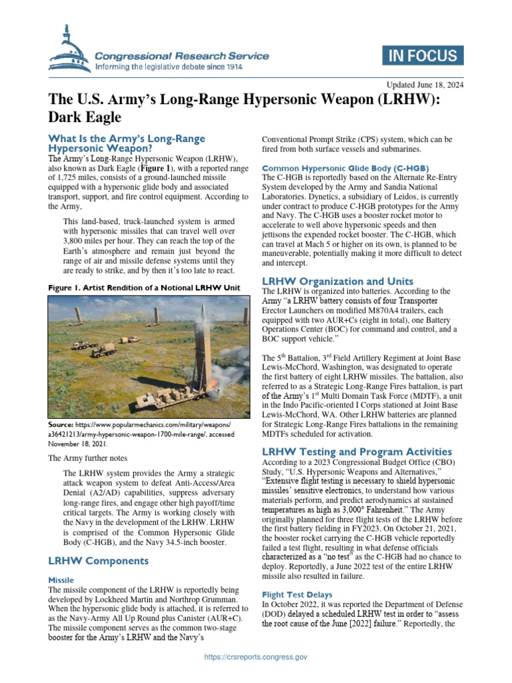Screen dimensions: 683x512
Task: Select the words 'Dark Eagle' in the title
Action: tap(85, 117)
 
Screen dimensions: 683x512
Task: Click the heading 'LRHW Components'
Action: tap(98, 561)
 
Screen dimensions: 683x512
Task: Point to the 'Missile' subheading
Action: tap(61, 580)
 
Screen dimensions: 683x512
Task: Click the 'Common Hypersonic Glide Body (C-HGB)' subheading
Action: tap(346, 167)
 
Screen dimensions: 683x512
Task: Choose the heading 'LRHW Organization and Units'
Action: tap(338, 281)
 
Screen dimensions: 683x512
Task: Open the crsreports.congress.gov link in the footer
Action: tap(256, 657)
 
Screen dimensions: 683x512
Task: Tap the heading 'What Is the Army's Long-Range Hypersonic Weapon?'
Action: tap(127, 143)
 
